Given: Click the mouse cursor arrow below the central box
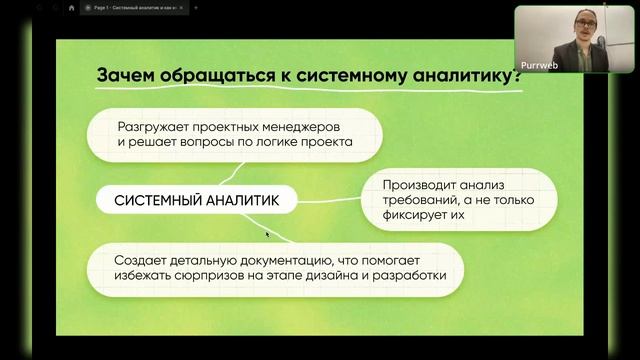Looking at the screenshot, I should click(x=267, y=234).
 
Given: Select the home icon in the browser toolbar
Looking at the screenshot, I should click(x=72, y=7).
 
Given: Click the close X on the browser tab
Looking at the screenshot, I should click(x=180, y=7).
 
